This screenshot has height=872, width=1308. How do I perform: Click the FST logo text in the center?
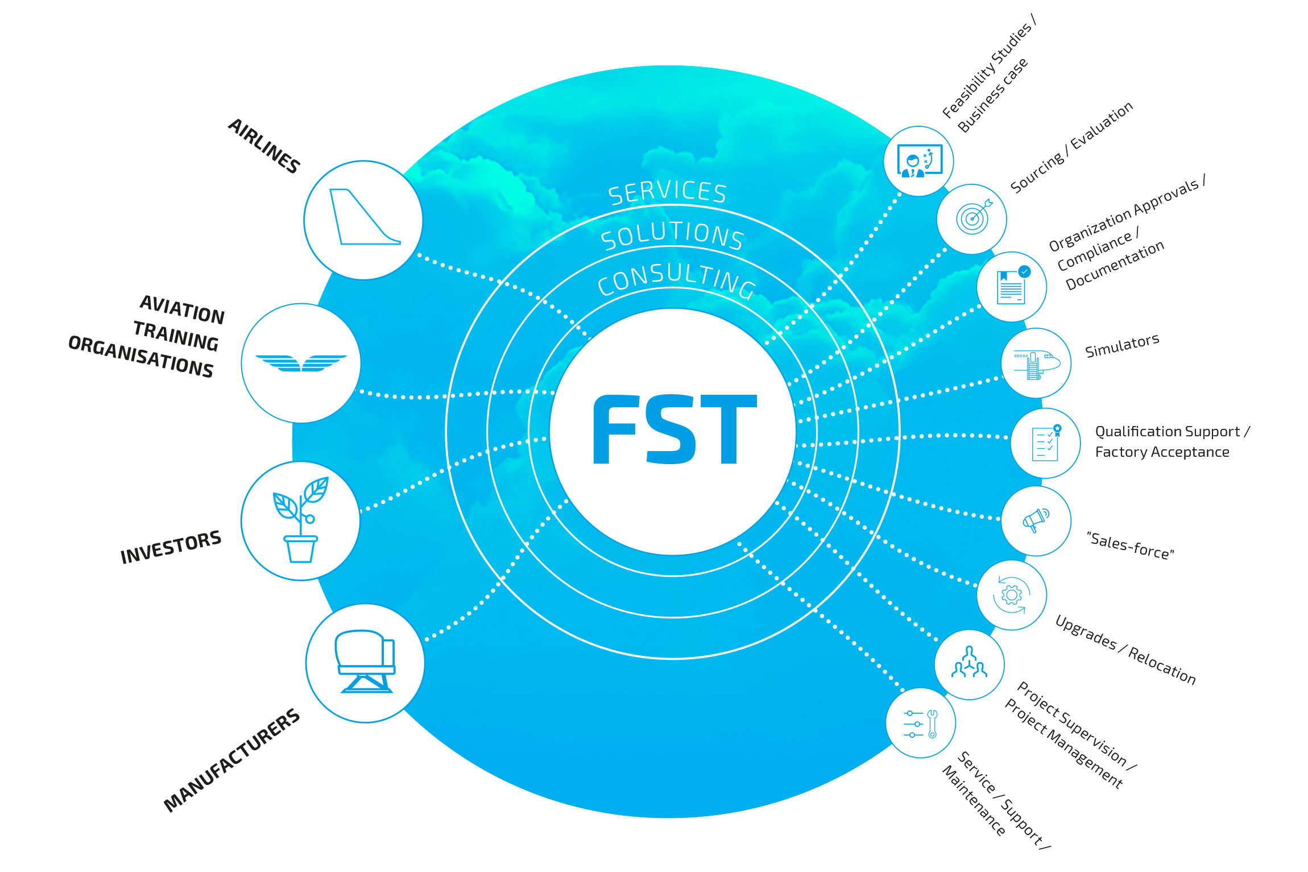[674, 430]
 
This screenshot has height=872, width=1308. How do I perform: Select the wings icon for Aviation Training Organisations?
[301, 363]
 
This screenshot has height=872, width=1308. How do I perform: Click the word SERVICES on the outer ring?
[668, 192]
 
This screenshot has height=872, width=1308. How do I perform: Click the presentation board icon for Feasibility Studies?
[919, 161]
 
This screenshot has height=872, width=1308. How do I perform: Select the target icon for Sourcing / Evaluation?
[972, 219]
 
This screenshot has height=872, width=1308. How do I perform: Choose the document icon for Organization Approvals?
[1012, 287]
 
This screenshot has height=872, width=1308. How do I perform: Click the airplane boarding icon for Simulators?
[1036, 363]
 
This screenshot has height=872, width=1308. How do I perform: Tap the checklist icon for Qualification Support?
[1045, 443]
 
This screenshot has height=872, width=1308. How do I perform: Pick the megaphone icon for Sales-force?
[1036, 520]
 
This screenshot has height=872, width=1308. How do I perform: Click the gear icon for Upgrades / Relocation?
[1012, 595]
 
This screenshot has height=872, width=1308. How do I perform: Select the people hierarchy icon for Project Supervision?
[970, 664]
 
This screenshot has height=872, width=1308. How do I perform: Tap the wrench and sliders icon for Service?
[921, 723]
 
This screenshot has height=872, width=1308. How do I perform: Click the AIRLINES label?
[264, 146]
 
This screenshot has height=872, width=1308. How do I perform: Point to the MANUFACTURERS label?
[231, 760]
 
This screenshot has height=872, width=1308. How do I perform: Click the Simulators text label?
[1121, 346]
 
